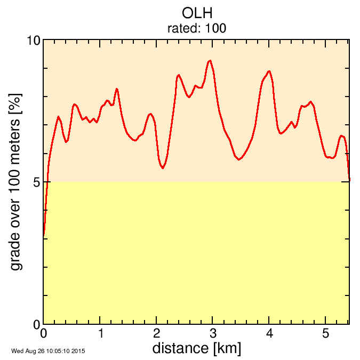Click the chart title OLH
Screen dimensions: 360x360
197,13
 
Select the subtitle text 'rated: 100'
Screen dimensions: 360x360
197,28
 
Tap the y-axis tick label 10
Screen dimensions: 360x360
34,41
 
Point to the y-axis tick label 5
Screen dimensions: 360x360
37,182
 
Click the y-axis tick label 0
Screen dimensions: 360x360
37,324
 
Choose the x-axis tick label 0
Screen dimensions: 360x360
44,334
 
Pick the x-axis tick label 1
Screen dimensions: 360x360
100,334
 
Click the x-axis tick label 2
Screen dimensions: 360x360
157,334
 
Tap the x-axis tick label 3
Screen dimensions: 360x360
213,334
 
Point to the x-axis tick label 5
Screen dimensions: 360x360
326,334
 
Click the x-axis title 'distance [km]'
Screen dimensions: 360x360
196,348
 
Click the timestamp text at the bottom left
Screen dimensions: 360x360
48,351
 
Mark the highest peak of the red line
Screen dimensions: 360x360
210,61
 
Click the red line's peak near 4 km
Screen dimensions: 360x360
269,71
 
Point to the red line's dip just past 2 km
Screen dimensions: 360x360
163,168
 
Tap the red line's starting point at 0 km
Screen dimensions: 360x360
44,235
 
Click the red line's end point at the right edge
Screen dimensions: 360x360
349,180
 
